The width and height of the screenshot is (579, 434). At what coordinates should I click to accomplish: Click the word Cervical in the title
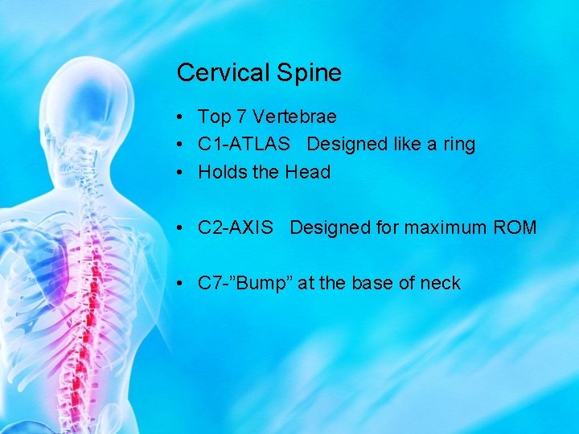223,73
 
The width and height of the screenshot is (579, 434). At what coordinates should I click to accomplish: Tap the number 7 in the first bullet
241,117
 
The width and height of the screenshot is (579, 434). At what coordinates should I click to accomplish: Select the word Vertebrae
294,117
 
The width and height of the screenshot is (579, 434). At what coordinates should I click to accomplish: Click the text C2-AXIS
235,227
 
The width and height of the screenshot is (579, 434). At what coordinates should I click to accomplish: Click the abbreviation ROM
518,227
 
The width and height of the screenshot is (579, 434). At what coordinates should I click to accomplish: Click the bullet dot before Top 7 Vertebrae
184,118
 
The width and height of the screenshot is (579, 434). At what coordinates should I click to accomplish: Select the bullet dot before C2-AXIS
184,228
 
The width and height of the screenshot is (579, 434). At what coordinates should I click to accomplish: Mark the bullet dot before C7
184,284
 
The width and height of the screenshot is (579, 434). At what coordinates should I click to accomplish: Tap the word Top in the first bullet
214,117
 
